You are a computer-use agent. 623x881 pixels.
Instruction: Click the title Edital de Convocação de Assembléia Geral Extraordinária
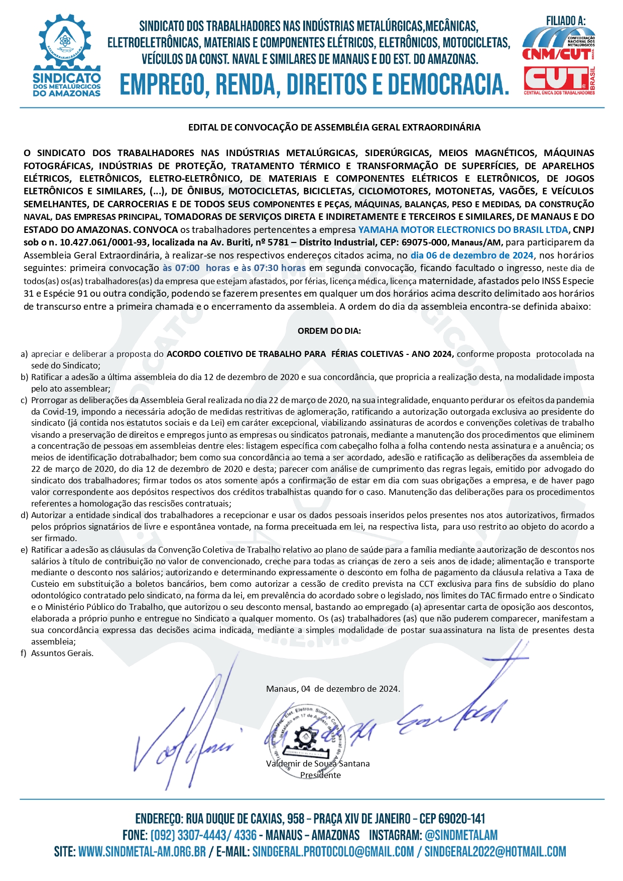click(334, 128)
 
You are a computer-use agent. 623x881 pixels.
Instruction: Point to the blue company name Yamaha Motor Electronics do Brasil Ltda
click(463, 230)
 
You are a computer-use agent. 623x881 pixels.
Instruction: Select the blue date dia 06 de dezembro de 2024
click(472, 256)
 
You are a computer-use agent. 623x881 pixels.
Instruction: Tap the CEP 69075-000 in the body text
click(424, 242)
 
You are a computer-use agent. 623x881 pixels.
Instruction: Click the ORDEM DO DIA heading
click(329, 331)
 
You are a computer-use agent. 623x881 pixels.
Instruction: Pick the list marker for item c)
click(24, 401)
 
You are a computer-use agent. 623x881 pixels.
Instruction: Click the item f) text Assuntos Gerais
click(62, 653)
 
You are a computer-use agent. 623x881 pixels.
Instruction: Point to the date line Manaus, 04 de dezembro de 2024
click(333, 689)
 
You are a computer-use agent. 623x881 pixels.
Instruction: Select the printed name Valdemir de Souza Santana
click(318, 764)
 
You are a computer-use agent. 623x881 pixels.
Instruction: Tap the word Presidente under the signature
click(320, 775)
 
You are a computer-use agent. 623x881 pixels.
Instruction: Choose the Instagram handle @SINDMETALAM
click(461, 835)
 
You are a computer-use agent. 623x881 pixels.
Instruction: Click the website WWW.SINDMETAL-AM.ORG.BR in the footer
click(142, 852)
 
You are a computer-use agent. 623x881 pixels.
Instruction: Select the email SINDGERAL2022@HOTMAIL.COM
click(495, 852)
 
